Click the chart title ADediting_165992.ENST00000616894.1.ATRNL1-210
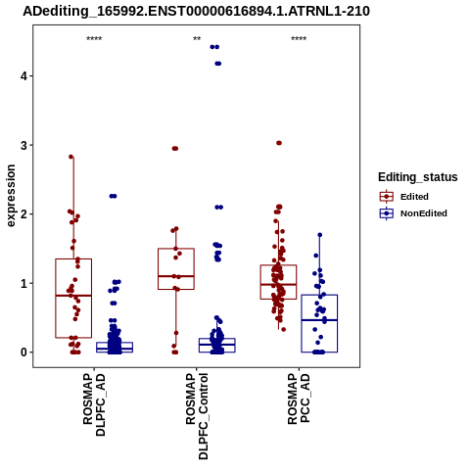pos(196,11)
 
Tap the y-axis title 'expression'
pos(11,196)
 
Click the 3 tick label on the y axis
pos(23,145)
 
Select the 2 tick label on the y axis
pos(23,214)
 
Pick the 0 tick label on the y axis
pos(23,352)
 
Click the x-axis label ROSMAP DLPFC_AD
pos(94,404)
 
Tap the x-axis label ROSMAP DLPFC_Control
pos(197,416)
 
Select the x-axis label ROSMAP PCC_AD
pos(299,399)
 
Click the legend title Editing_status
pos(418,177)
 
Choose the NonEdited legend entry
pos(413,213)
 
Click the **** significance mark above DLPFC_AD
pos(94,39)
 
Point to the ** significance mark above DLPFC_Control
pos(197,39)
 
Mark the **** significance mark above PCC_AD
pos(299,39)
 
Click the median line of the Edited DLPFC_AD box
pos(73,296)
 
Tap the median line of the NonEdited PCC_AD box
pos(319,320)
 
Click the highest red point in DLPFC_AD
pos(71,157)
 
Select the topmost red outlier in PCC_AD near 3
pos(279,143)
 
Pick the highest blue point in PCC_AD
pos(320,235)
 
